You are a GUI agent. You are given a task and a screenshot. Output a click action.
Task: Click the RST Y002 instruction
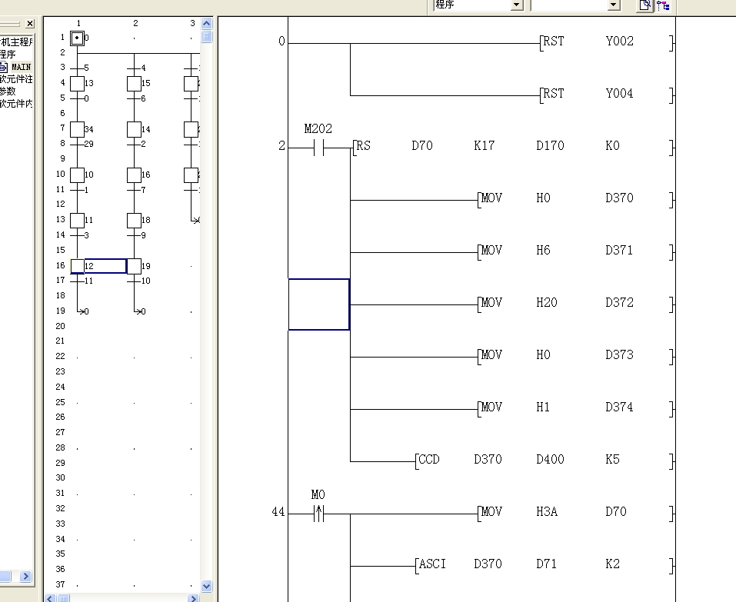(553, 42)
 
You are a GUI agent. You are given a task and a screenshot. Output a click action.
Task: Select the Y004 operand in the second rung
(619, 94)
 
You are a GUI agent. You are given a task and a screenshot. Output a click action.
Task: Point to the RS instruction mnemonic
(363, 146)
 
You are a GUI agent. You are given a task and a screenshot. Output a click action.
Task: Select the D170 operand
(550, 146)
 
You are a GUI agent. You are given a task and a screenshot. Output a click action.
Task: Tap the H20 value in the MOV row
(546, 303)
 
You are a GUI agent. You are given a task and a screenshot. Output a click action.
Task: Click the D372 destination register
(619, 303)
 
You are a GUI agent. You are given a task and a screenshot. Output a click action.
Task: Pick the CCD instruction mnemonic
(428, 460)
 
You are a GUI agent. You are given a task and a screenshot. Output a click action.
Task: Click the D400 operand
(550, 460)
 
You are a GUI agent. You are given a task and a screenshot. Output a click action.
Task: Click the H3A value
(546, 512)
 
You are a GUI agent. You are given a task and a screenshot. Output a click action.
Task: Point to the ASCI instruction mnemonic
(432, 564)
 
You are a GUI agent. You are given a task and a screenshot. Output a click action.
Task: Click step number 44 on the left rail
(278, 512)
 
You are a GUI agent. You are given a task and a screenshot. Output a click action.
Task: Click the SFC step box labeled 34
(78, 129)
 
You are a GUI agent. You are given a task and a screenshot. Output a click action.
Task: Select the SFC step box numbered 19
(135, 266)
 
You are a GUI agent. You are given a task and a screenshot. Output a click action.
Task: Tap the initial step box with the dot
(77, 38)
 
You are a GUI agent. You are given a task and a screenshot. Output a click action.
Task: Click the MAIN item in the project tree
(21, 67)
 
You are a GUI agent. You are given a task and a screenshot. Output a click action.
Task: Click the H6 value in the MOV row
(543, 251)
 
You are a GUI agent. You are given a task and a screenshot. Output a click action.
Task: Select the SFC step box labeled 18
(135, 221)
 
